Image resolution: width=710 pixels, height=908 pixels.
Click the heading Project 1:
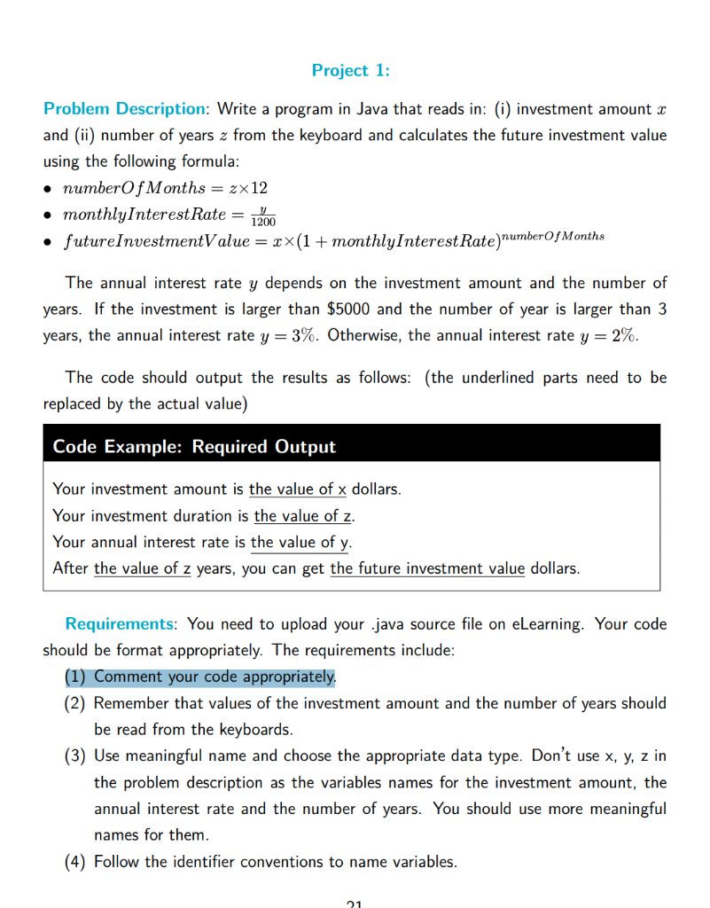pos(350,70)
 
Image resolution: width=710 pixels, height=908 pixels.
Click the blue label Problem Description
pos(124,109)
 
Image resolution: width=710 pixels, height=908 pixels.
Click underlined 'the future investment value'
pos(427,568)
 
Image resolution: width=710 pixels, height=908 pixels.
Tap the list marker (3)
pos(75,756)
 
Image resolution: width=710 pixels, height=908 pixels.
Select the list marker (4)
pos(75,861)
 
